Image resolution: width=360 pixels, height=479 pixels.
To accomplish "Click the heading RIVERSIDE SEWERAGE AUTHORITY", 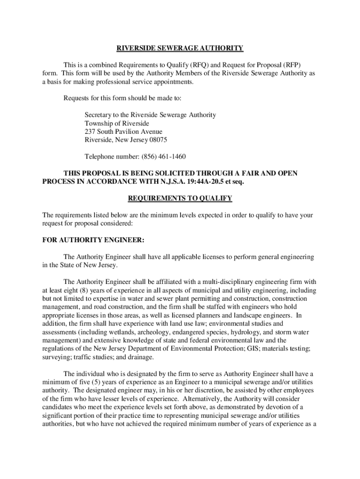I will pos(180,48).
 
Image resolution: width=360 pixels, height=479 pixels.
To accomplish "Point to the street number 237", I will pos(90,131).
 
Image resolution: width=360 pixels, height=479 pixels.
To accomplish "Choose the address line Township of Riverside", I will pos(117,123).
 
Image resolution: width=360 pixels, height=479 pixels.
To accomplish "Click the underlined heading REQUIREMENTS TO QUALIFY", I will pos(180,198).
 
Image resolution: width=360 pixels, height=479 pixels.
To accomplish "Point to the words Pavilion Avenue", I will pos(139,131).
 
